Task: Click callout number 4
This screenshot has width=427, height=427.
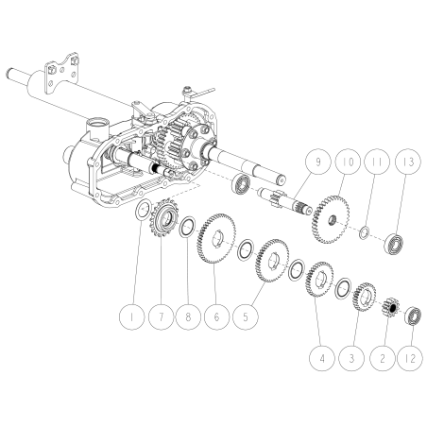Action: [326, 360]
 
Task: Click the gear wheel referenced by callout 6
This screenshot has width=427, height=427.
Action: [218, 246]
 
